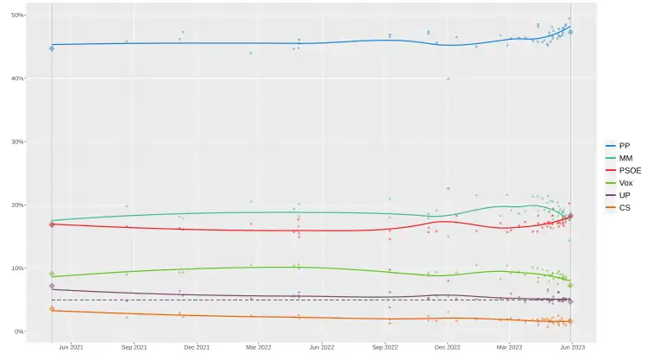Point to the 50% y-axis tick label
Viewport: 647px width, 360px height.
[x=18, y=16]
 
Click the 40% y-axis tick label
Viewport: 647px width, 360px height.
[x=18, y=79]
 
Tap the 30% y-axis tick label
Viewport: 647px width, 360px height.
[x=18, y=142]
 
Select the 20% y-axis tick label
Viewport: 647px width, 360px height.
[x=18, y=205]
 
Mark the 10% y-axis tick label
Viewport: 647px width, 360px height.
[x=18, y=268]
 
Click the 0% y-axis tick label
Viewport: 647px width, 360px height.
[x=20, y=332]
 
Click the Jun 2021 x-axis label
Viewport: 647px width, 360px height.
[x=71, y=347]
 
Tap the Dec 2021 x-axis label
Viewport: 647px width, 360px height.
[x=197, y=347]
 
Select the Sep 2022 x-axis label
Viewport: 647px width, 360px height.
[x=385, y=347]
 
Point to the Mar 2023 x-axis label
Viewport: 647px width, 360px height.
[x=509, y=347]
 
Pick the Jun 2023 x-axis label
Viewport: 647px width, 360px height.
[x=572, y=347]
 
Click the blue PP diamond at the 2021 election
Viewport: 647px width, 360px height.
[x=52, y=48]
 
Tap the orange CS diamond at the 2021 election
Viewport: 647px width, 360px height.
[x=52, y=309]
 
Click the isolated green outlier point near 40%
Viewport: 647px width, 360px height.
[x=448, y=79]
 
